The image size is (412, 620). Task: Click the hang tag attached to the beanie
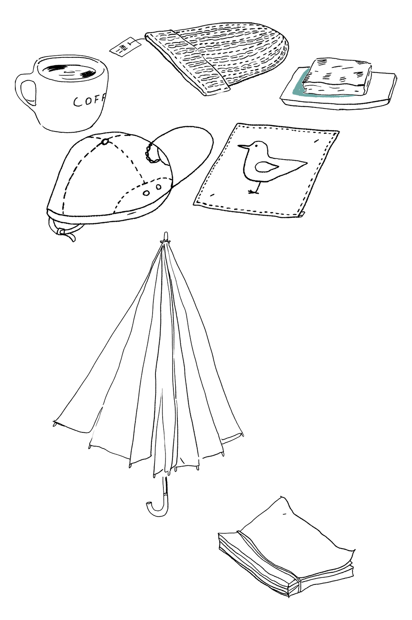pos(125,46)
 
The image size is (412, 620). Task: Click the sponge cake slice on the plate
pos(337,76)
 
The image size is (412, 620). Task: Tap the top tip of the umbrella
pos(166,236)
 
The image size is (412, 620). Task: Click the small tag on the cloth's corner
pos(302,213)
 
